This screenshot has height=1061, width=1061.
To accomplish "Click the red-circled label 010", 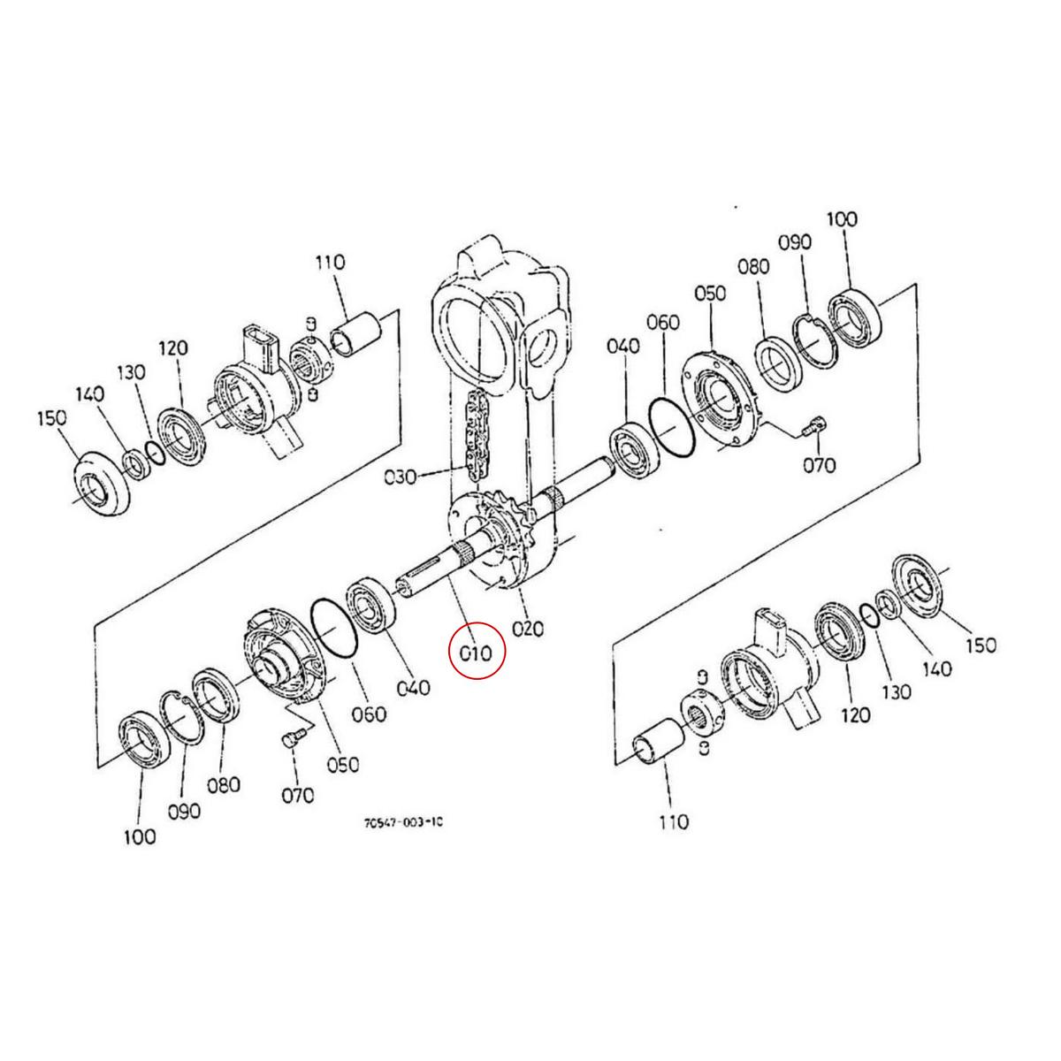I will click(x=476, y=653).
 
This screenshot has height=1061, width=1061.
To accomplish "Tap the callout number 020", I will click(x=528, y=629).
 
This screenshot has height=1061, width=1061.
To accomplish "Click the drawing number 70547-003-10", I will click(x=402, y=822).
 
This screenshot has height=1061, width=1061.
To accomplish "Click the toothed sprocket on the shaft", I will click(x=509, y=530).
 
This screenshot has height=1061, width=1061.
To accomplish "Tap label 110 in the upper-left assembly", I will click(x=330, y=263).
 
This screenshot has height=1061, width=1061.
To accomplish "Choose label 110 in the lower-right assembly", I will click(x=673, y=822).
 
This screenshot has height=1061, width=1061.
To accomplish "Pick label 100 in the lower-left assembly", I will click(x=140, y=836).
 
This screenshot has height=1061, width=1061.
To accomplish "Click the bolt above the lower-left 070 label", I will click(x=294, y=739).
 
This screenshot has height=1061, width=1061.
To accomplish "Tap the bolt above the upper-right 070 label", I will click(x=813, y=428).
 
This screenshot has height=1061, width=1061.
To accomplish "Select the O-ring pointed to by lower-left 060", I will click(x=333, y=629).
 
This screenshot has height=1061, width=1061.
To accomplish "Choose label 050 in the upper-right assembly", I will click(x=709, y=293).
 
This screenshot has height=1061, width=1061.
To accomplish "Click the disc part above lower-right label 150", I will click(x=920, y=584).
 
